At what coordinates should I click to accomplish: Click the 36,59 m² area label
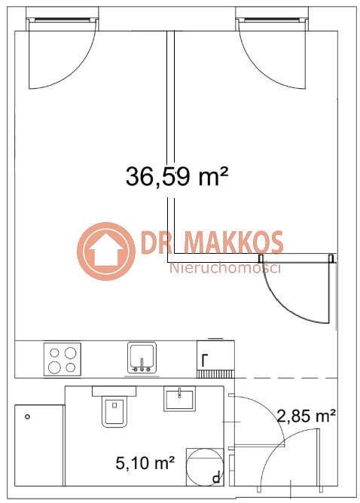click(177, 176)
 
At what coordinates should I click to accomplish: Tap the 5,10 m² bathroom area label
click(145, 463)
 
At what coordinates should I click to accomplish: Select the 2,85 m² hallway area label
click(307, 416)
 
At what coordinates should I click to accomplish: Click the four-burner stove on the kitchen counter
click(63, 359)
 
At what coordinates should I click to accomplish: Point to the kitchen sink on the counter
click(142, 358)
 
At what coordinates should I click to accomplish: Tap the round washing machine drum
click(205, 467)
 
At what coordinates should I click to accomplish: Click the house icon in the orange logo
click(106, 251)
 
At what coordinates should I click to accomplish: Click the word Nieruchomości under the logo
click(225, 268)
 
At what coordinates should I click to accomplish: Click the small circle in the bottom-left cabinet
click(28, 416)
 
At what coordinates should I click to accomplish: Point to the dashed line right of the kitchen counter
click(286, 378)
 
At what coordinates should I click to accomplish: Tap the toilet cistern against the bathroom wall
click(114, 391)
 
